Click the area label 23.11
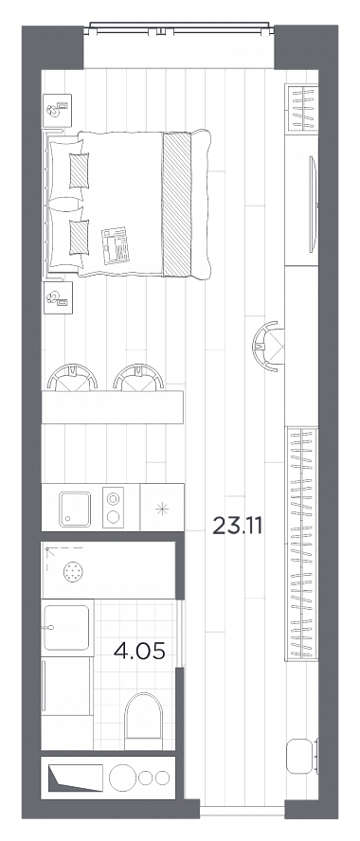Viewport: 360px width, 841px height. (x=238, y=526)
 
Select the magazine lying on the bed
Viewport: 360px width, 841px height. (x=116, y=245)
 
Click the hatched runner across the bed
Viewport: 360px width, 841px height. (x=176, y=204)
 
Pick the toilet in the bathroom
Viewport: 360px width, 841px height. (x=143, y=721)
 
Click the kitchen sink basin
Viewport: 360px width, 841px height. (x=75, y=509)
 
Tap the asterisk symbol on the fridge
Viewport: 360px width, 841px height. (x=161, y=509)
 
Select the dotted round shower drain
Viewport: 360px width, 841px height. (x=74, y=572)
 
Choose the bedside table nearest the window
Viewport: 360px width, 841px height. (x=57, y=110)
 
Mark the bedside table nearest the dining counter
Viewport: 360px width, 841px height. (x=57, y=296)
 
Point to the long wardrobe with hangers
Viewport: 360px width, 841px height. (x=301, y=544)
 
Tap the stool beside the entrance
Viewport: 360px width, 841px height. (x=299, y=757)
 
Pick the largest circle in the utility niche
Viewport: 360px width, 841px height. (x=122, y=778)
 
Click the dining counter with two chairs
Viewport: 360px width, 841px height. (x=112, y=407)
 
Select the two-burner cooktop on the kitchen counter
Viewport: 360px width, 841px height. (x=113, y=508)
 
